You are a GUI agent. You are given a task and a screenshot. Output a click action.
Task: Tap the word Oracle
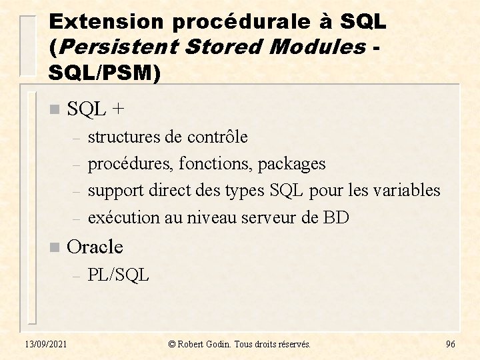pyautogui.click(x=95, y=247)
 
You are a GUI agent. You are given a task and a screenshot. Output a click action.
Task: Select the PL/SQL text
pyautogui.click(x=119, y=274)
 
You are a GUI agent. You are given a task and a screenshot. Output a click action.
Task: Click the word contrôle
pyautogui.click(x=217, y=137)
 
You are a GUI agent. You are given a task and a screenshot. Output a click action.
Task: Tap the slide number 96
pyautogui.click(x=450, y=344)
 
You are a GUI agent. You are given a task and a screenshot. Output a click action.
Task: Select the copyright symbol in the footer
pyautogui.click(x=172, y=344)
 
